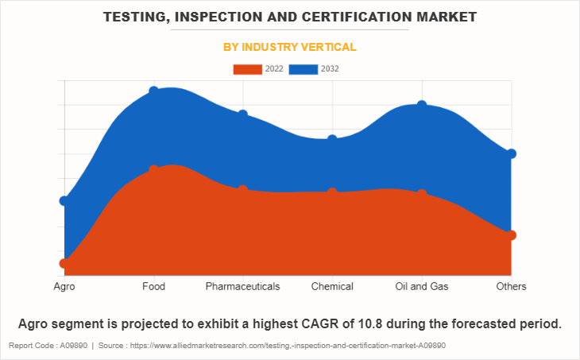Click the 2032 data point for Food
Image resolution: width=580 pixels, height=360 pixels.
pos(153,91)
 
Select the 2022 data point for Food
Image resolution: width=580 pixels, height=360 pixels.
pos(153,169)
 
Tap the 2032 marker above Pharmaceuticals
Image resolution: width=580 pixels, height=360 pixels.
pos(243,114)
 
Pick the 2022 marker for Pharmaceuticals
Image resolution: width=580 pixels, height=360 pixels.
pos(243,190)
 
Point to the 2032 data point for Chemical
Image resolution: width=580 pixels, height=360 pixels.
pos(332,139)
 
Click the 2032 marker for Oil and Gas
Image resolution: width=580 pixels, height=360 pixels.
pos(422,105)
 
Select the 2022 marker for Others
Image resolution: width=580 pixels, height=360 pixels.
pos(512,235)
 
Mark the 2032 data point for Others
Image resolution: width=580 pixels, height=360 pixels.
pos(512,153)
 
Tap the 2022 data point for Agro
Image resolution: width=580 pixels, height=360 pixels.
pos(64,263)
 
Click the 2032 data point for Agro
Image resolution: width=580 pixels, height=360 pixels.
pos(64,200)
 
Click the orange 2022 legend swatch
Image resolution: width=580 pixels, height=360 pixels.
pos(247,69)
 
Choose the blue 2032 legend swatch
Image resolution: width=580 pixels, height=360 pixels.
pos(304,69)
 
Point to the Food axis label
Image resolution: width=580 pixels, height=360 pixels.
pos(153,286)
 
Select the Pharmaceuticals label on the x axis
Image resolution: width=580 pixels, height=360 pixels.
pos(243,286)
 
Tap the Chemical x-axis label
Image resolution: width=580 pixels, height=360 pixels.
pos(332,286)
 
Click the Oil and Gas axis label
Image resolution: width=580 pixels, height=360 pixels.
pos(422,286)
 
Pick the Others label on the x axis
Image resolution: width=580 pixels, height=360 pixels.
pos(511,286)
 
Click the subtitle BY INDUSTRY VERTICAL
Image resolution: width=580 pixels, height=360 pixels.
pos(289,47)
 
